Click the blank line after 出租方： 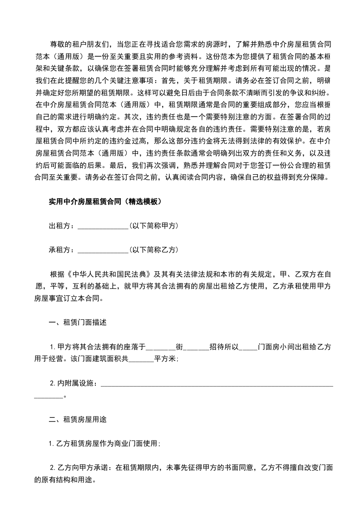[103, 225]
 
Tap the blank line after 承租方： [103, 250]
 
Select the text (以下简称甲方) [153, 225]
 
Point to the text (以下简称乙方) [153, 250]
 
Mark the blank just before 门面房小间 [247, 347]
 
